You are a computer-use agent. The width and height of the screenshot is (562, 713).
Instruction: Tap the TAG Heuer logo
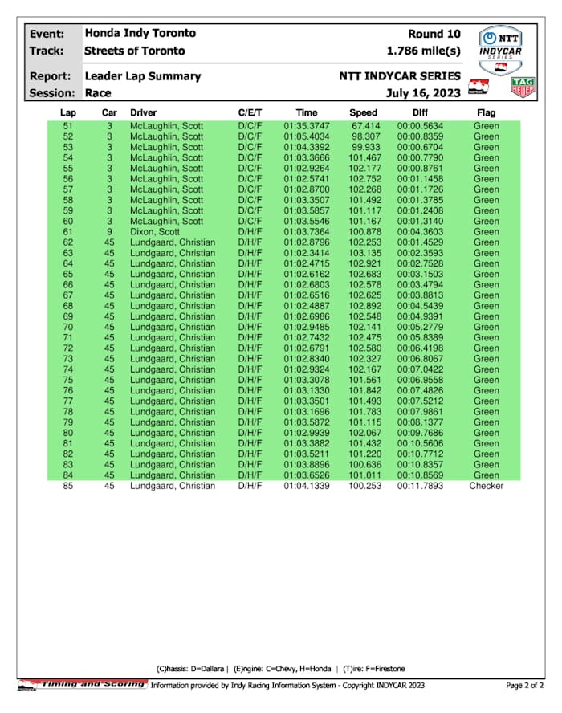pos(523,87)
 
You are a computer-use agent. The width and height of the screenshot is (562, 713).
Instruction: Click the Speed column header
pos(363,113)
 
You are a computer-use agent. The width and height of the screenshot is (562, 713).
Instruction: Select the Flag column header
pos(486,113)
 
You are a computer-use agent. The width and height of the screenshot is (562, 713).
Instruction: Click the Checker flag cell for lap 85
pos(486,486)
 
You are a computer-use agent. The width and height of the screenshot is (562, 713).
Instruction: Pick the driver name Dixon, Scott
pos(154,232)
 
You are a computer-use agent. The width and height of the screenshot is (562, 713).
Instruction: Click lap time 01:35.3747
pos(306,127)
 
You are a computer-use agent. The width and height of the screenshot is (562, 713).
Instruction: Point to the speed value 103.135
pos(364,253)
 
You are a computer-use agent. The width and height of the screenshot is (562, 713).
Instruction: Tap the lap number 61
pos(67,232)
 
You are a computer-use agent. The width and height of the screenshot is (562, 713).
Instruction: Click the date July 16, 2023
pos(423,93)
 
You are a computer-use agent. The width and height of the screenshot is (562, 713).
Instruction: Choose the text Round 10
pos(434,34)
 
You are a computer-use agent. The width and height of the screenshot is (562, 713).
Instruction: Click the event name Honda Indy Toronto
pos(140,34)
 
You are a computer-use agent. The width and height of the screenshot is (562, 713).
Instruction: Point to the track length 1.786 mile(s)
pos(423,51)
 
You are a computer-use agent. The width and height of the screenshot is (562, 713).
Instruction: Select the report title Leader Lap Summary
pos(142,76)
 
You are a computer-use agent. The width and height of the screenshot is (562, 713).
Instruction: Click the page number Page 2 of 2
pos(525,685)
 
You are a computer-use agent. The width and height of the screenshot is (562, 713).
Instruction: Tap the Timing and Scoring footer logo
pos(83,684)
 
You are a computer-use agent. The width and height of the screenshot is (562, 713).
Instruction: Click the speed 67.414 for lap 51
pos(365,127)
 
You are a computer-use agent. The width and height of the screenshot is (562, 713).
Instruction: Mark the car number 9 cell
pos(109,232)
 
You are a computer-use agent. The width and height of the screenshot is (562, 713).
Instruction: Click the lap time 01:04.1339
pos(306,486)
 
